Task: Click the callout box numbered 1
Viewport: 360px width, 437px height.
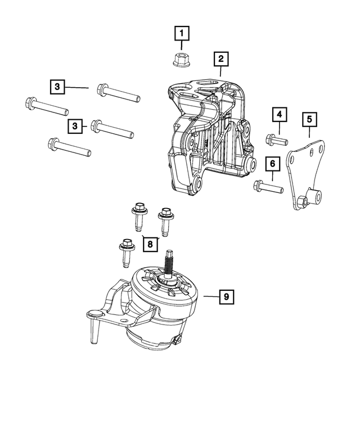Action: [181, 34]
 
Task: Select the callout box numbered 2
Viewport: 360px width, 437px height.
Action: [220, 58]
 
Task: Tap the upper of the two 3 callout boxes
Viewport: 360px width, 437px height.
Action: [57, 87]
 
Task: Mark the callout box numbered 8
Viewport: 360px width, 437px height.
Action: [150, 245]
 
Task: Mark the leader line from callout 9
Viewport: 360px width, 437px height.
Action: [209, 296]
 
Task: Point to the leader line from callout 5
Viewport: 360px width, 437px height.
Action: [310, 133]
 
